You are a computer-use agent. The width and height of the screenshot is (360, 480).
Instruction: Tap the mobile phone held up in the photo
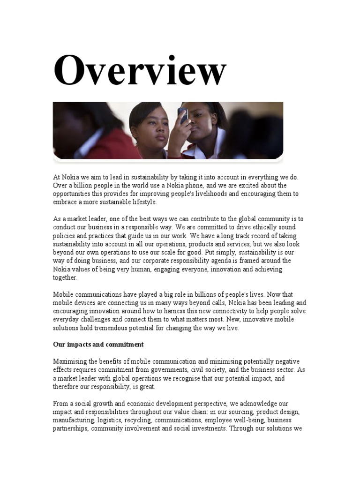(x=183, y=115)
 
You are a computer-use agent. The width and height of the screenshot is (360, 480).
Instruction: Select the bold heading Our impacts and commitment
(x=98, y=345)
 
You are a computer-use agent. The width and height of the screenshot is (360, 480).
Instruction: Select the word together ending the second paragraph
(x=65, y=278)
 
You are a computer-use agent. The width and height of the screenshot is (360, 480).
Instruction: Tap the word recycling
(x=135, y=420)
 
